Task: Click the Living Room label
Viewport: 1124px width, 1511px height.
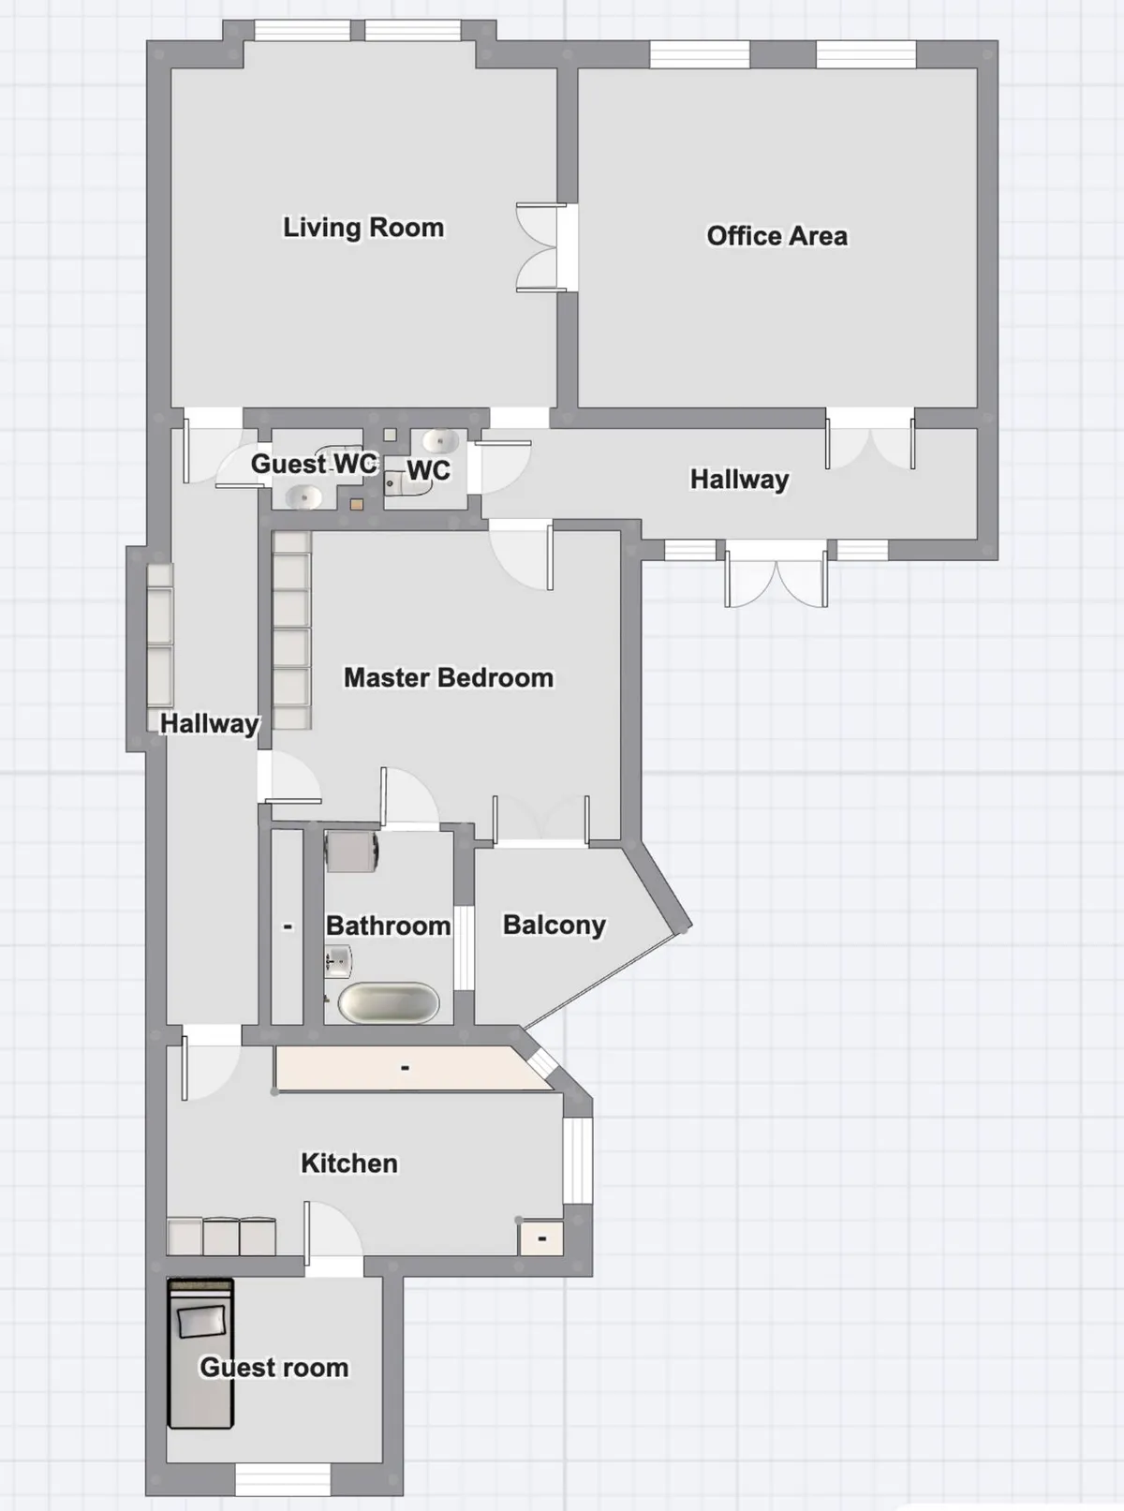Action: [x=363, y=228]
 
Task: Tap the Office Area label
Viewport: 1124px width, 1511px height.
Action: [x=777, y=236]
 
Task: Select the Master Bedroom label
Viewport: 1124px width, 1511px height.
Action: [x=449, y=678]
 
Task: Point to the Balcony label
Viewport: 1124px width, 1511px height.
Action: [x=554, y=926]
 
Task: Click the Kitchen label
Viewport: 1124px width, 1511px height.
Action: [x=349, y=1163]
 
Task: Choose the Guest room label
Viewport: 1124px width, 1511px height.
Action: [x=274, y=1368]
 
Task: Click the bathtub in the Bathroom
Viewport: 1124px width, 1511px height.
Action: [x=389, y=1002]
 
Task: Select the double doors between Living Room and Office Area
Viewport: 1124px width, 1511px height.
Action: [x=541, y=246]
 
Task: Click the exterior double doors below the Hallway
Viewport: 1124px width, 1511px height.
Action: [x=776, y=573]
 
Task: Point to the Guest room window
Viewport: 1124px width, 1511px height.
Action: [x=283, y=1480]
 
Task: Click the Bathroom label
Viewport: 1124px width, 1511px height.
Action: [x=388, y=926]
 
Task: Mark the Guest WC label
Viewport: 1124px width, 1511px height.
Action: [x=314, y=464]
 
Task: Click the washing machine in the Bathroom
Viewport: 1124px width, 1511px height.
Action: [x=352, y=852]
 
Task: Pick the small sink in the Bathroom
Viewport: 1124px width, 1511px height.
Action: [x=338, y=961]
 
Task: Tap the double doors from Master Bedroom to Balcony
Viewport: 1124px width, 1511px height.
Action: [x=541, y=821]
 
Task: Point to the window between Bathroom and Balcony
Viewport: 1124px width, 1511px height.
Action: [x=464, y=948]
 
